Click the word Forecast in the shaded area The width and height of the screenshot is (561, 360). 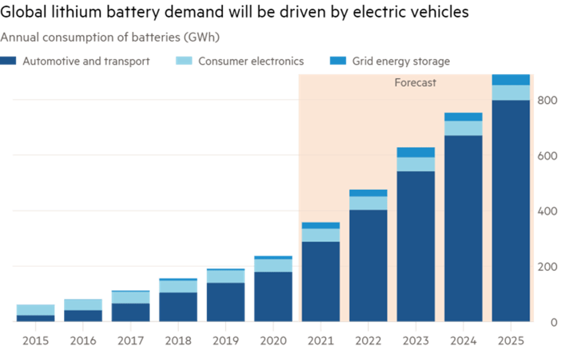tap(415, 83)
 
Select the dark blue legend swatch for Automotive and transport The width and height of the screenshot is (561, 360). tap(8, 61)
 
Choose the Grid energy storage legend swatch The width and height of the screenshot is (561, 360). tap(338, 61)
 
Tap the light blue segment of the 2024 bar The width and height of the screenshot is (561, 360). tap(463, 128)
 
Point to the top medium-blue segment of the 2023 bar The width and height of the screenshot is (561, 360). tap(415, 152)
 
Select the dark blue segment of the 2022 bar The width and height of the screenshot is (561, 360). tap(368, 265)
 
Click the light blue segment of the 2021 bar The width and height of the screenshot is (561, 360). tap(320, 235)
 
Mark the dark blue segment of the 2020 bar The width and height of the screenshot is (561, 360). tap(273, 296)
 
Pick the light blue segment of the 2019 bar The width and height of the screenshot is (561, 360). tap(226, 277)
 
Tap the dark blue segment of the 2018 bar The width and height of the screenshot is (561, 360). tap(178, 307)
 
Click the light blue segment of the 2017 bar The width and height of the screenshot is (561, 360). tap(131, 297)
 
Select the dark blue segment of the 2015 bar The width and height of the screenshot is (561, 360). tap(36, 318)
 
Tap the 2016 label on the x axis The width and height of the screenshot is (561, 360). tap(83, 341)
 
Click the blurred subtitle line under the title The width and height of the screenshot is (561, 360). tap(109, 38)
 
